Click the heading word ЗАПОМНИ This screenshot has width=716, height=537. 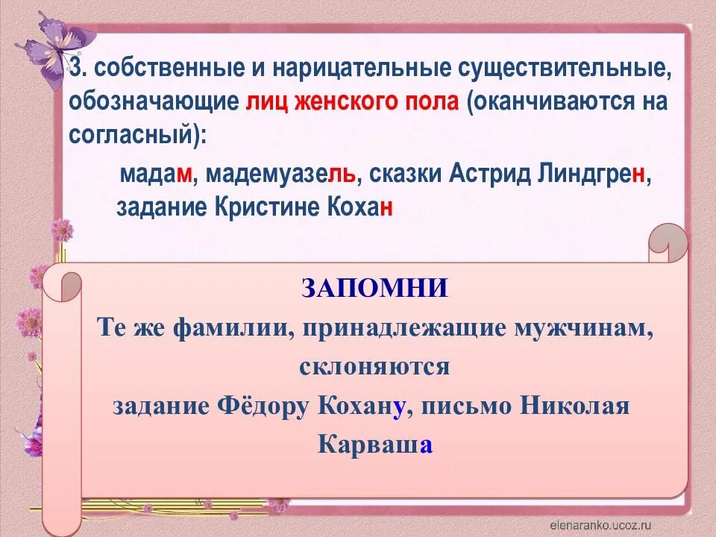click(374, 288)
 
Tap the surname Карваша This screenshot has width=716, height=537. click(375, 445)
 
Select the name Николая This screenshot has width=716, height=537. click(580, 406)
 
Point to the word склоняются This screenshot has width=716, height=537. click(374, 366)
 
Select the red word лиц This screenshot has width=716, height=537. click(266, 101)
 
